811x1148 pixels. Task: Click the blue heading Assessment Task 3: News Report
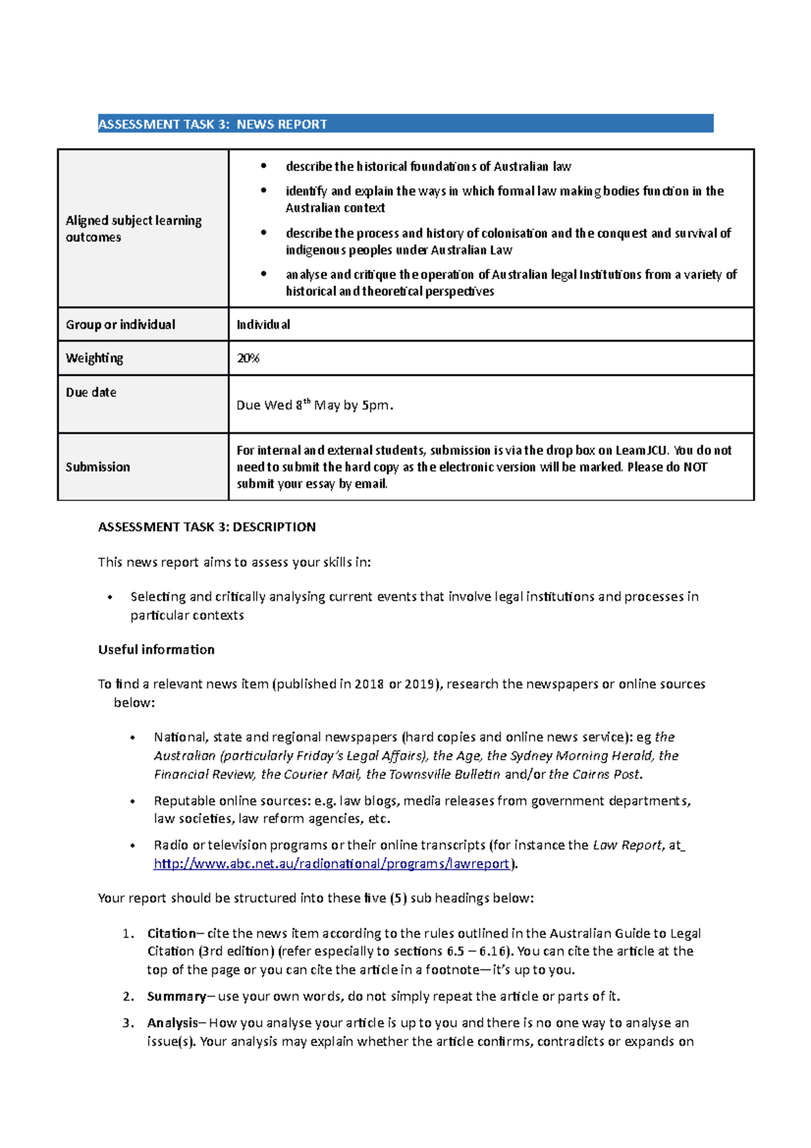[x=212, y=124]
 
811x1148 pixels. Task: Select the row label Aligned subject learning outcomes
[x=133, y=229]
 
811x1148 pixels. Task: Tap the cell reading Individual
[x=263, y=325]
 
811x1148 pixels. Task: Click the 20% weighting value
[x=247, y=358]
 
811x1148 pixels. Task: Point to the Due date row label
[x=91, y=392]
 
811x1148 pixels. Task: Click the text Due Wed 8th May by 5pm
[x=314, y=405]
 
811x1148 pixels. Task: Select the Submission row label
[x=97, y=467]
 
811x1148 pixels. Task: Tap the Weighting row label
[x=94, y=358]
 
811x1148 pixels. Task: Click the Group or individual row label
[x=120, y=325]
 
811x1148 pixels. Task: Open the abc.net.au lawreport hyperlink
[x=331, y=863]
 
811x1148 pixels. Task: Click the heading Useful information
[x=156, y=649]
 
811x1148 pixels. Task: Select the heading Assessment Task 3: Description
[x=206, y=527]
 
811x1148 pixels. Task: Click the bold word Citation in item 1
[x=171, y=933]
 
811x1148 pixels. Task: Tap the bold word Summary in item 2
[x=176, y=996]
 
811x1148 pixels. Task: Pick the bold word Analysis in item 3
[x=172, y=1023]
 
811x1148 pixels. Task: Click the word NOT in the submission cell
[x=695, y=467]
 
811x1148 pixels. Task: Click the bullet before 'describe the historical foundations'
[x=264, y=166]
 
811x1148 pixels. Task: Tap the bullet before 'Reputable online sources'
[x=133, y=801]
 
